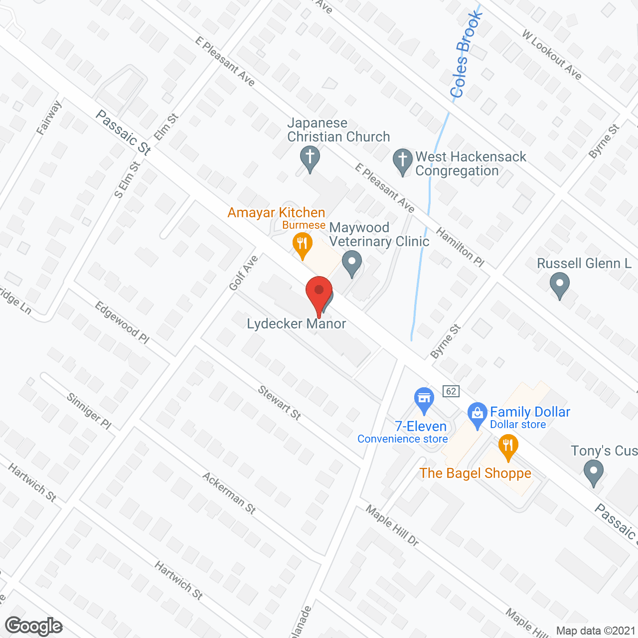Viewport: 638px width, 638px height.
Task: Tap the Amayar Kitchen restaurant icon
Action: tap(302, 244)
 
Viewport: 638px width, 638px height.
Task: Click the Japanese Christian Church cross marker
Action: tap(310, 158)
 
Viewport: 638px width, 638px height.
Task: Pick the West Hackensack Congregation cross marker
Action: tap(403, 160)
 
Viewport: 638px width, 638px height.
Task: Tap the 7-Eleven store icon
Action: tap(424, 399)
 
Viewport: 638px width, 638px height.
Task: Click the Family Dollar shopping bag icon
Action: tap(478, 414)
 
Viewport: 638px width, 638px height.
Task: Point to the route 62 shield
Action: tap(451, 391)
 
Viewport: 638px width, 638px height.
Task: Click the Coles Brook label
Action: tap(466, 55)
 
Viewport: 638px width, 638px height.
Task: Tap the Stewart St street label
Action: tap(280, 403)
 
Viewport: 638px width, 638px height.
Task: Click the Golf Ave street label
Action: tap(244, 273)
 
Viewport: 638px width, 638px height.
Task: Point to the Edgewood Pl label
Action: tap(122, 322)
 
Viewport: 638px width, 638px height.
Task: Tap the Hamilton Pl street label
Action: tap(460, 247)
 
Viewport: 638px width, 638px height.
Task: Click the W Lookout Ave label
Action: tap(552, 55)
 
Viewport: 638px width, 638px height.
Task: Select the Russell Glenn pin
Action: tap(560, 285)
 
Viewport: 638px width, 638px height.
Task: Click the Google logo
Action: tap(34, 626)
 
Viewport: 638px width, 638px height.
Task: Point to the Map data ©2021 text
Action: tap(596, 631)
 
